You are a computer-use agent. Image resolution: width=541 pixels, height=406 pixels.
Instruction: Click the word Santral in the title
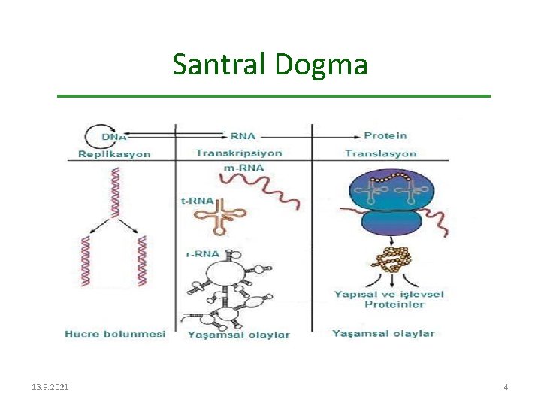pyautogui.click(x=219, y=65)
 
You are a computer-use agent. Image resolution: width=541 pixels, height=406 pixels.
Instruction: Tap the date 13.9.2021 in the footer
pyautogui.click(x=50, y=386)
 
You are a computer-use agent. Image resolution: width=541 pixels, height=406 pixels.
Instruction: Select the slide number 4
pyautogui.click(x=506, y=386)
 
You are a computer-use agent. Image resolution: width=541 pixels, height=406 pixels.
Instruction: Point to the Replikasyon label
pyautogui.click(x=114, y=154)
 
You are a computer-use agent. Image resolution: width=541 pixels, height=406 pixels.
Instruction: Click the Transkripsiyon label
pyautogui.click(x=238, y=153)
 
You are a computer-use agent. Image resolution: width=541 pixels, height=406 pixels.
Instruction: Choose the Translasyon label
pyautogui.click(x=380, y=153)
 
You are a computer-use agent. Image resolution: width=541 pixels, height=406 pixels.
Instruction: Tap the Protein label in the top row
pyautogui.click(x=385, y=135)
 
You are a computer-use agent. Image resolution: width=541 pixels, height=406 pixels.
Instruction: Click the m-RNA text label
pyautogui.click(x=242, y=167)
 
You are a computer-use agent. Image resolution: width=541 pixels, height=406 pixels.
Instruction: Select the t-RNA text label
pyautogui.click(x=198, y=201)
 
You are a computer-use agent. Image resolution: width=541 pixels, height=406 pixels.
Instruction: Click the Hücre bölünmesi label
pyautogui.click(x=114, y=333)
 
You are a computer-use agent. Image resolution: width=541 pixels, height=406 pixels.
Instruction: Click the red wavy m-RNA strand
pyautogui.click(x=260, y=188)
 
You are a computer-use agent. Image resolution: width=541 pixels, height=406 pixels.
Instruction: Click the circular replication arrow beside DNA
pyautogui.click(x=94, y=136)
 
